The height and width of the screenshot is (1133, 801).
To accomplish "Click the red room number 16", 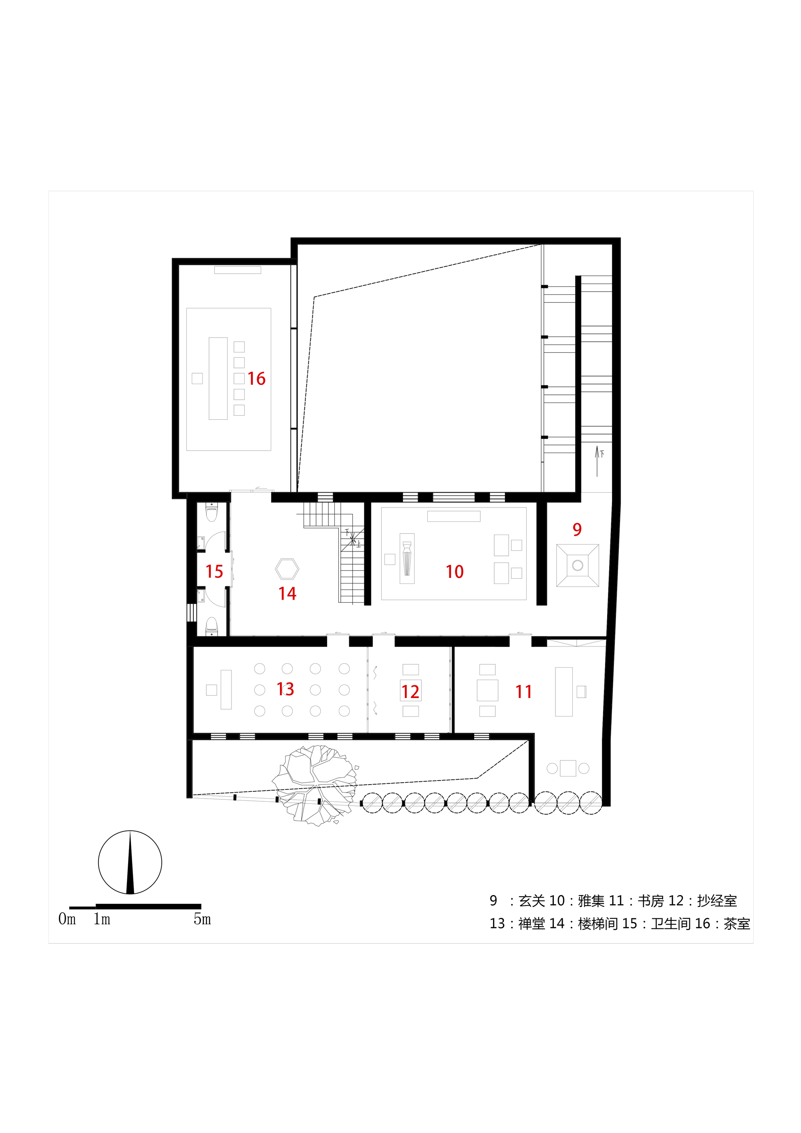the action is pos(256,378).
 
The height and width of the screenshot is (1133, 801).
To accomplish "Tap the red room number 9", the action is pos(577,529).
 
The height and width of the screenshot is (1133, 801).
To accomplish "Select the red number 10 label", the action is pos(455,572).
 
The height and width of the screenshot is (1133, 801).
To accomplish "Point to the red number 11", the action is pos(523,691).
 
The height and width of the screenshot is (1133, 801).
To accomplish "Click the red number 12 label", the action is pos(410,691).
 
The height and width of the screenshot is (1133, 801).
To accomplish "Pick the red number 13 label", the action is pos(285,689).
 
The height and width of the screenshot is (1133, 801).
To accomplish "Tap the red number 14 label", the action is pos(287,593).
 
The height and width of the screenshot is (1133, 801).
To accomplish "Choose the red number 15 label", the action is pos(214,572).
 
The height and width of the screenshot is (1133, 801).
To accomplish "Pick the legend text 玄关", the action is pos(531,901).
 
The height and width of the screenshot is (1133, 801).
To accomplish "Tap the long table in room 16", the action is pos(218,378).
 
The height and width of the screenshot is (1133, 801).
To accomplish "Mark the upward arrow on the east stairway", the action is pos(597,461).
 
